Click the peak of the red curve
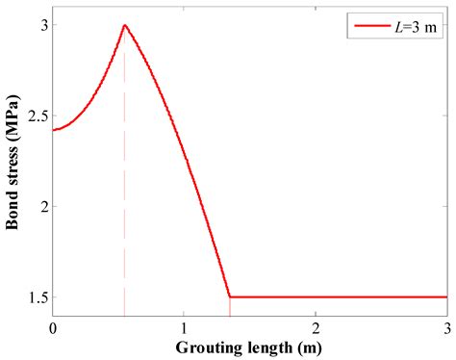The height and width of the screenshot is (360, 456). coord(124,25)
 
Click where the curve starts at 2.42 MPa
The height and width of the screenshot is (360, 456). coord(54,129)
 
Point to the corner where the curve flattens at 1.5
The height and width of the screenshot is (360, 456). coord(229,297)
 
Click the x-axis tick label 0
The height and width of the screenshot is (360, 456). coord(53,327)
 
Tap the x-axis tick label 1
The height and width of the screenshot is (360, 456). coord(185,327)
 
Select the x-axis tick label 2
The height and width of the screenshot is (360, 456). coord(316,327)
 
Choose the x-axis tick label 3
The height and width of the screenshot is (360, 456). coord(446,327)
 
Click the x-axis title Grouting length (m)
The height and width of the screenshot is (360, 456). coord(251,346)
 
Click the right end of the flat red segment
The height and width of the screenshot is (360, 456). coord(446,297)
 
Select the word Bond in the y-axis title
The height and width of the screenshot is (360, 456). coord(13,212)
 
